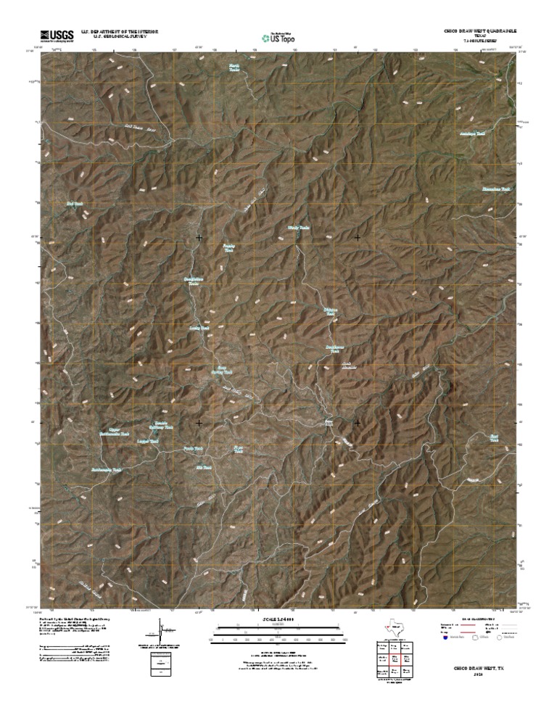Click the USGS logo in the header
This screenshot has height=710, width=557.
tap(57, 34)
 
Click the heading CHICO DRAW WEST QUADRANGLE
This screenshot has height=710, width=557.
tap(478, 32)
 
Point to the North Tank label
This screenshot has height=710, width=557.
tap(234, 67)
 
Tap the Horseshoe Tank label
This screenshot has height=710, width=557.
tap(497, 189)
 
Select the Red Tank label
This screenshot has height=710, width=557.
tap(74, 205)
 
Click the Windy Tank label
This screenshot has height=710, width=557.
tap(299, 228)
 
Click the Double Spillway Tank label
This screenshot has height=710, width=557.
tap(163, 426)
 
